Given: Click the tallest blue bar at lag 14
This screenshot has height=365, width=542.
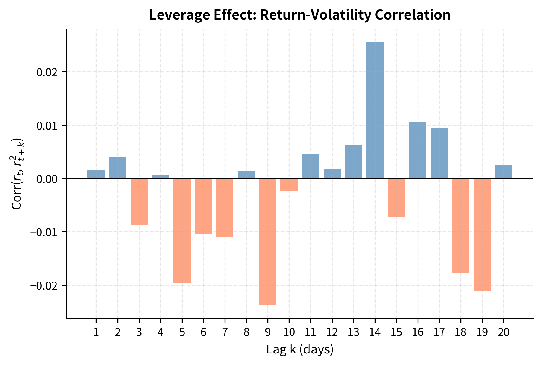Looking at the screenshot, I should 375,110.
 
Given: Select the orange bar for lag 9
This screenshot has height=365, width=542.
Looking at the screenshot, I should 268,241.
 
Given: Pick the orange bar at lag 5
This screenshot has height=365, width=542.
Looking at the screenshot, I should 182,231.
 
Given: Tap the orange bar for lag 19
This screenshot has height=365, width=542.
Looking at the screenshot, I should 482,234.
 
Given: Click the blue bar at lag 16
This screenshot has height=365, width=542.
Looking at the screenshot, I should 418,150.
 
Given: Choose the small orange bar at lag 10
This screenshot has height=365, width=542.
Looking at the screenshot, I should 289,185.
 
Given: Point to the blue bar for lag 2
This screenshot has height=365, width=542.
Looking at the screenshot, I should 118,168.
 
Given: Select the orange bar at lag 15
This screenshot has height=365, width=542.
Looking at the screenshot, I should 396,198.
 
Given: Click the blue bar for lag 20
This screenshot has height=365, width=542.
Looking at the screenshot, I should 503,172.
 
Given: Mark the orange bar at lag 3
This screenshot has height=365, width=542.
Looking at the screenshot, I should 139,202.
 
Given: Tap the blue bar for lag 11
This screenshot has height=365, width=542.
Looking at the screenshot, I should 310,166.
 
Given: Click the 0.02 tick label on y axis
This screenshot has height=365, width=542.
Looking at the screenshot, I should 47,72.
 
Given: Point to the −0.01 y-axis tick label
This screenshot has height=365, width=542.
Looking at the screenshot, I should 45,232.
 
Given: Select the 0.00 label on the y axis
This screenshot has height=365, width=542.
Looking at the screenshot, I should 47,179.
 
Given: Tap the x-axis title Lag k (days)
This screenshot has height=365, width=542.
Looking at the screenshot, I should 300,350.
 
